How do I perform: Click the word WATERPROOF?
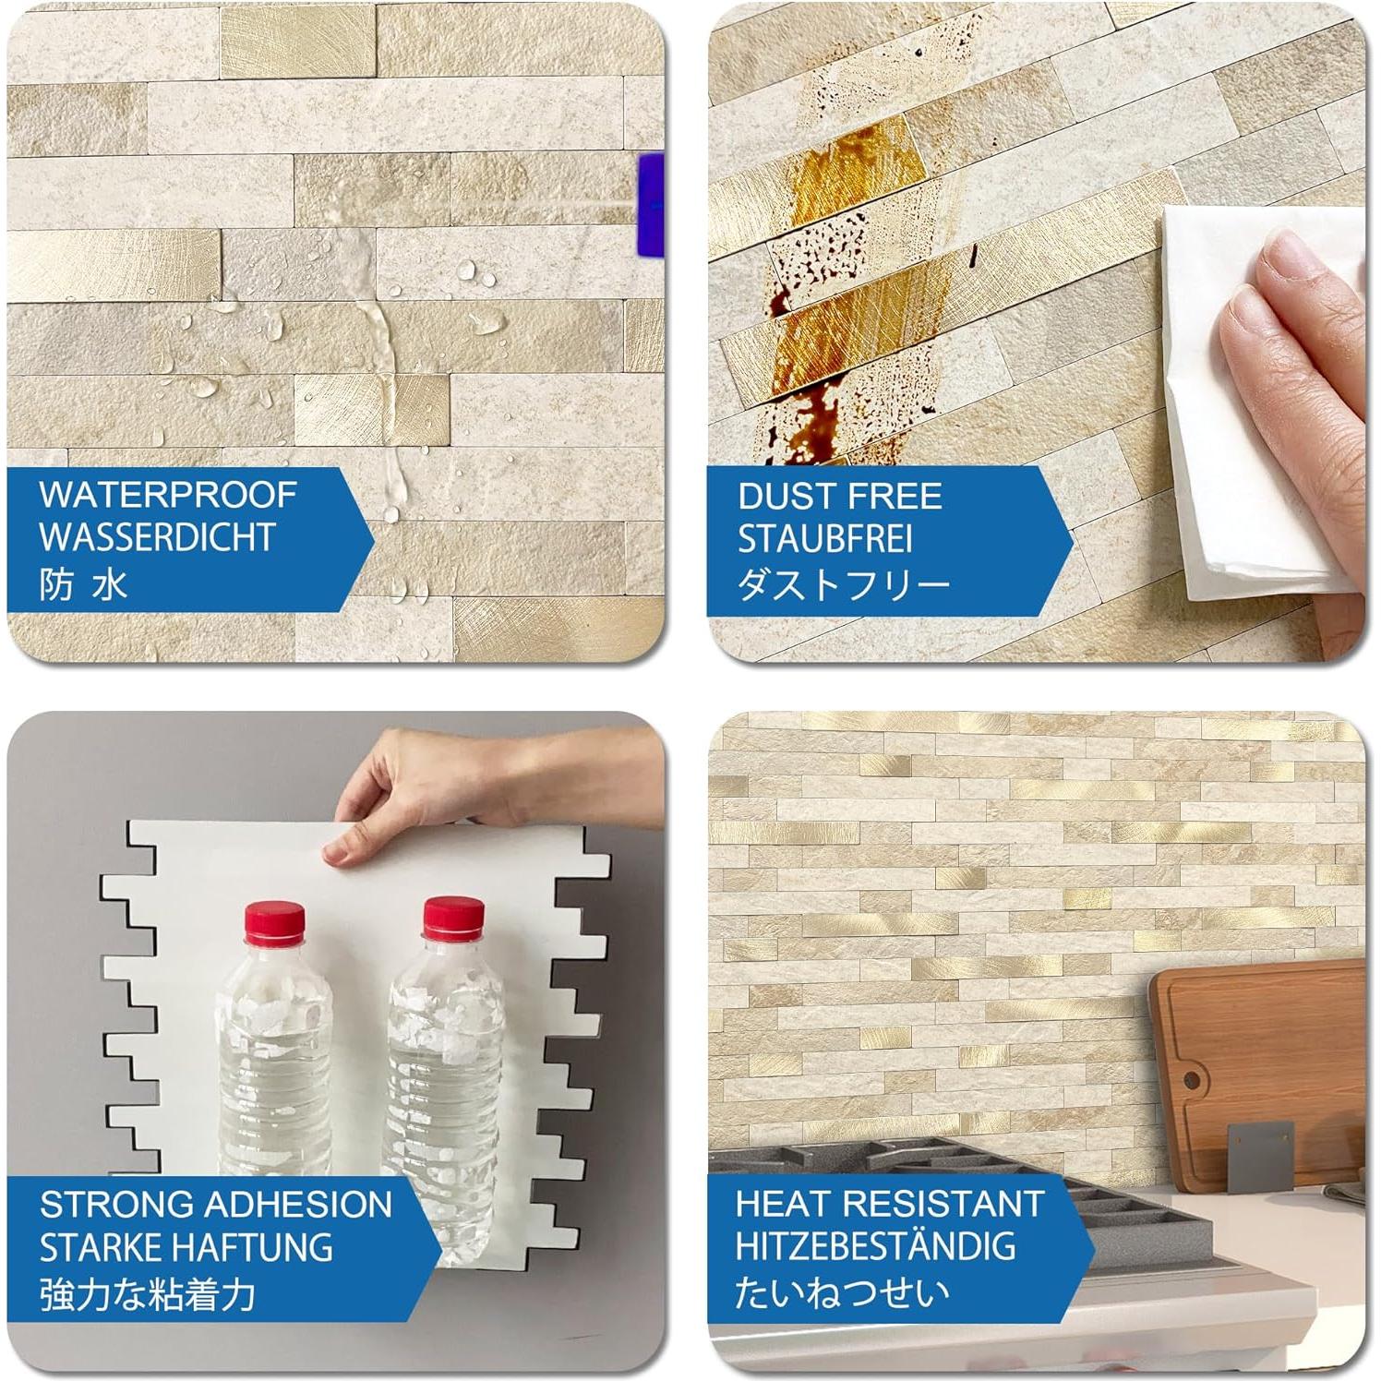point(167,495)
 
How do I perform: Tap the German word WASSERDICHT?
point(157,537)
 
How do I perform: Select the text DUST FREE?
point(839,497)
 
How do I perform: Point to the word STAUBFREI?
point(824,539)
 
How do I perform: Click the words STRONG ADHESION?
point(216,1205)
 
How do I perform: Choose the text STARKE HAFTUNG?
point(186,1247)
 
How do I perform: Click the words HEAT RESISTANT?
point(889,1204)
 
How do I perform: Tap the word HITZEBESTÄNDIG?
point(875,1246)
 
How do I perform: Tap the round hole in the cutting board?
point(1193,1079)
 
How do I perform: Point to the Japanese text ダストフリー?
point(843,583)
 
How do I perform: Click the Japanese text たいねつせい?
point(841,1291)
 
